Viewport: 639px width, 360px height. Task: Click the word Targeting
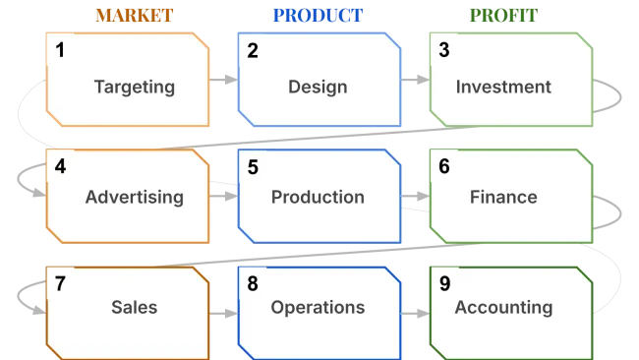[x=134, y=87]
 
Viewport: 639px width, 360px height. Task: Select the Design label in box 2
[x=318, y=87]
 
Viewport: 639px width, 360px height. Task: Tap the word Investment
[x=503, y=87]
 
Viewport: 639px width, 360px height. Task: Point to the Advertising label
[x=134, y=197]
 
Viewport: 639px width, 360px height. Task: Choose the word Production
[x=318, y=197]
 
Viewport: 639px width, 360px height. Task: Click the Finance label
[x=503, y=197]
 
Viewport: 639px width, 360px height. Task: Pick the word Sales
[x=134, y=307]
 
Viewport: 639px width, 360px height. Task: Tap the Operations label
[x=318, y=307]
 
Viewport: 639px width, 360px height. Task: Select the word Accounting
[x=503, y=307]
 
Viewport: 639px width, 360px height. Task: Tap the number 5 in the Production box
[x=253, y=167]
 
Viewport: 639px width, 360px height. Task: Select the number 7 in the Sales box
[x=61, y=285]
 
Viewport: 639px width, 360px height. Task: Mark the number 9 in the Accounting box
[x=444, y=285]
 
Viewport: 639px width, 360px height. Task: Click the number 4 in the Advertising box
[x=61, y=167]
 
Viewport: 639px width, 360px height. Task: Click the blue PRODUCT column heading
[x=318, y=16]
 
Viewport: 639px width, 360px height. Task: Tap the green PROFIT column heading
[x=503, y=16]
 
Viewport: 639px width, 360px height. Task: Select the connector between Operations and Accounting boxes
[x=414, y=313]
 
